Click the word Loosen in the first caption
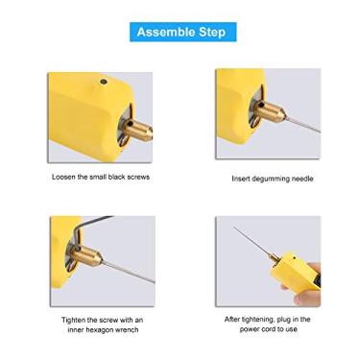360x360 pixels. (x=64, y=178)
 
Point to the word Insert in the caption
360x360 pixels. (x=242, y=179)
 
